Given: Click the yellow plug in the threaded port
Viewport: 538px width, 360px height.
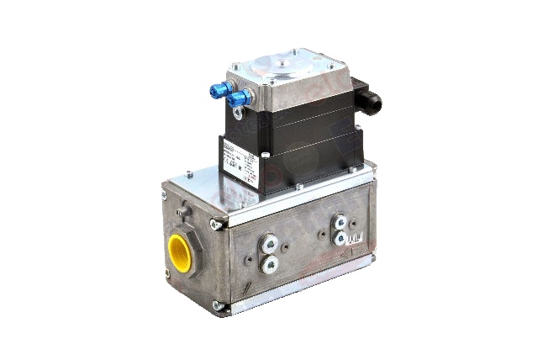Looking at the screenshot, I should pyautogui.click(x=179, y=250).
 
